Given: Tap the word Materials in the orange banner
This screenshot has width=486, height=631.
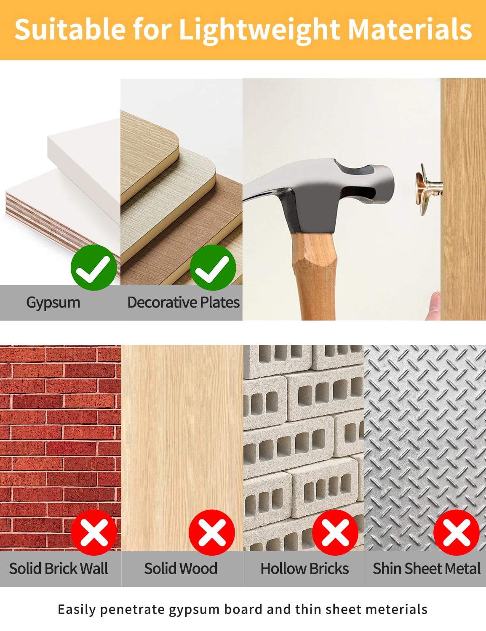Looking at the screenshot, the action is coord(410,29).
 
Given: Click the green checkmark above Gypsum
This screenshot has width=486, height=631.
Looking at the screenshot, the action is coord(93,268).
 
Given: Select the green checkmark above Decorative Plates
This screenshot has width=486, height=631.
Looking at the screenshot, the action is coord(213,268).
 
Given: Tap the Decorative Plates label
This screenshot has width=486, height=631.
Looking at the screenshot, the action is coord(184,302).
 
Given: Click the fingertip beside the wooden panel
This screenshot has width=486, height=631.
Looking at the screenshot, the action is coord(434,306).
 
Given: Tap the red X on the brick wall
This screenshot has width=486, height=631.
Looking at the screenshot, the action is coord(94,533).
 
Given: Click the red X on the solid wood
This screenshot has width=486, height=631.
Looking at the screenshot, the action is coord(212,533).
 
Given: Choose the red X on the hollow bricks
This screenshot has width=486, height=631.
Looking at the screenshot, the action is coord(335,533).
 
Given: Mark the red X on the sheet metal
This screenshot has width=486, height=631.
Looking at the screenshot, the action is coord(457,533).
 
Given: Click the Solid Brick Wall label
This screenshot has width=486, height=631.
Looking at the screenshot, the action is coord(59,568).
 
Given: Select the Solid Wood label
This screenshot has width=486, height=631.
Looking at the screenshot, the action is coord(181,568).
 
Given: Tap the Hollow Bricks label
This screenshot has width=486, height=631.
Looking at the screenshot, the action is coord(304,568).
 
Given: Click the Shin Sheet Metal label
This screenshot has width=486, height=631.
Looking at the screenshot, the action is coord(427,568).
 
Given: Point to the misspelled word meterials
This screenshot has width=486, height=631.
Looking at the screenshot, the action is coord(396,610).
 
